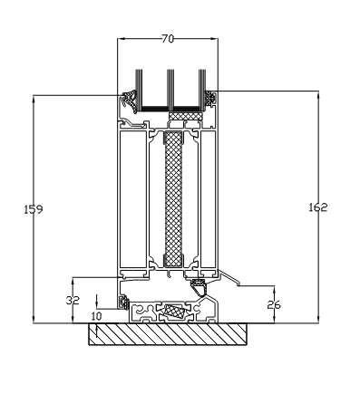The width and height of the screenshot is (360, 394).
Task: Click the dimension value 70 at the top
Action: point(168,39)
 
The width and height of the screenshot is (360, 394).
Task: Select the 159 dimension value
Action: point(34,209)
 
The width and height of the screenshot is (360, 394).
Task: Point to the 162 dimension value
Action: point(318,207)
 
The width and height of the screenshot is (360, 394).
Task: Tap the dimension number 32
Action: point(73,300)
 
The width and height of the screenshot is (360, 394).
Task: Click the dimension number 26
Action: point(274,305)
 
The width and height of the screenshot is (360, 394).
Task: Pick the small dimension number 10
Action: point(96,316)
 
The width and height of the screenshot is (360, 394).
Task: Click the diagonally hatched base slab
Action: point(168,334)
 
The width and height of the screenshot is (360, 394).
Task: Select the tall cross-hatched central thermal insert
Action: point(173,199)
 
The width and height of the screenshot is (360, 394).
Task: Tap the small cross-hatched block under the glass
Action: point(185,116)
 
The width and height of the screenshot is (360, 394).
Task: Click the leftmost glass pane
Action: point(139,90)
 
